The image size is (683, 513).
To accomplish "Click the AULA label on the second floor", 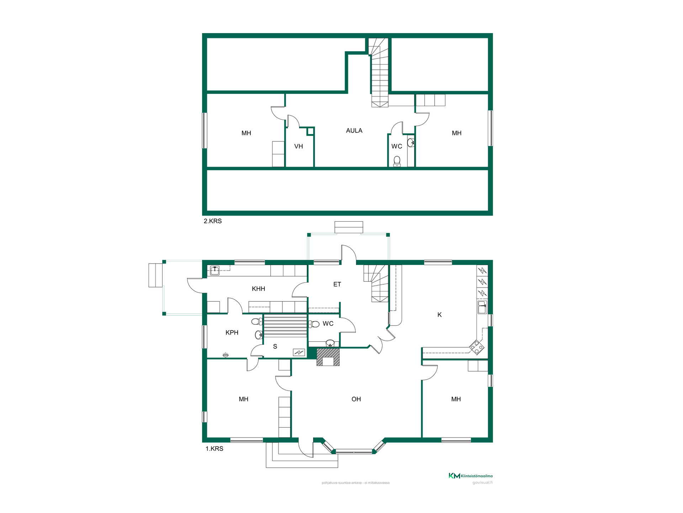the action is click(x=354, y=131).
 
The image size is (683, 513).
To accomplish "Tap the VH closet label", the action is click(x=298, y=146).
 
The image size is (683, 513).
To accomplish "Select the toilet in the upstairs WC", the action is click(x=397, y=161).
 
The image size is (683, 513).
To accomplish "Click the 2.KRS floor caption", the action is click(x=212, y=221).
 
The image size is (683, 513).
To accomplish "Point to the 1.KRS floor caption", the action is click(x=214, y=449).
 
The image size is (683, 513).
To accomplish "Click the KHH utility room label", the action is click(x=258, y=289).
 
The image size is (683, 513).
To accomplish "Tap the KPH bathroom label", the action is click(x=232, y=332).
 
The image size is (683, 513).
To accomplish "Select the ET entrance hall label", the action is click(x=337, y=284).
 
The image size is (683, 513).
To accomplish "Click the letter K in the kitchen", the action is click(x=439, y=315).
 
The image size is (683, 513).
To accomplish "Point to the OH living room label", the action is click(x=356, y=399).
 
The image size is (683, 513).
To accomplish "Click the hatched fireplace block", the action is click(x=328, y=357).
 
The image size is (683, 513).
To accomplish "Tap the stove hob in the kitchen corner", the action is click(x=477, y=347).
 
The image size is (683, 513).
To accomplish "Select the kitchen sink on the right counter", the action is click(x=482, y=307).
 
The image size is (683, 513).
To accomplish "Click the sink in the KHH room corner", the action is click(x=215, y=270).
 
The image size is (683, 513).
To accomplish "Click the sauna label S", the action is click(x=275, y=346).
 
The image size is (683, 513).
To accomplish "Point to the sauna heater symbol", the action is click(x=299, y=352).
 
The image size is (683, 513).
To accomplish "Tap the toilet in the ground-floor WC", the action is click(x=314, y=324).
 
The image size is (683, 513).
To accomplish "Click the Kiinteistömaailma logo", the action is click(x=470, y=476).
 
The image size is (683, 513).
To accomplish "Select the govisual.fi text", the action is click(x=482, y=483).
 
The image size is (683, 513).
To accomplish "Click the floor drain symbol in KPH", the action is click(x=226, y=354).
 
